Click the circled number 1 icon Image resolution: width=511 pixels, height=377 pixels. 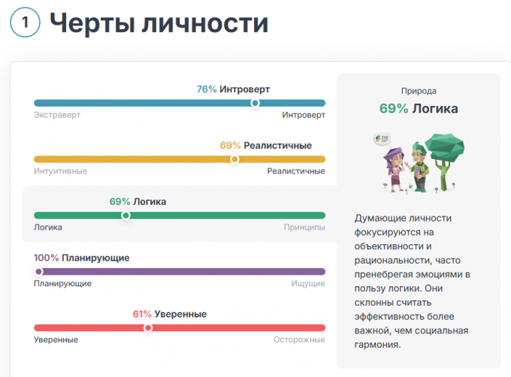point(26,23)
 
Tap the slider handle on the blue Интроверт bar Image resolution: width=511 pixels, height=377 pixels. point(255,103)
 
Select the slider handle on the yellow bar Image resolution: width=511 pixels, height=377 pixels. point(234,159)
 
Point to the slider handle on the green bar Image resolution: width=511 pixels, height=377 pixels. point(125,216)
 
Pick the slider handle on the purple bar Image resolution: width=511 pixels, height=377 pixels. point(39,272)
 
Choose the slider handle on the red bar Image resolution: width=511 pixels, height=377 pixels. point(148,327)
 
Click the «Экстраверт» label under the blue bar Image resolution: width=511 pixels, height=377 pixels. point(57,115)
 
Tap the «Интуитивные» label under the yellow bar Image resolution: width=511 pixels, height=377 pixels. point(60,171)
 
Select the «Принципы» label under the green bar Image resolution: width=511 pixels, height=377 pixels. point(304,227)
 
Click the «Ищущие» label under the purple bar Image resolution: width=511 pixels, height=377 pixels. point(308,283)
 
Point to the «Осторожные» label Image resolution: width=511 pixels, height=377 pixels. point(299,339)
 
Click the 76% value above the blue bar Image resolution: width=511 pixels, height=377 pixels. point(207,89)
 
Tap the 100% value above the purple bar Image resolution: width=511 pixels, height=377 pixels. point(47,258)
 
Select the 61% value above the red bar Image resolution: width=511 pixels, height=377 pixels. point(142,314)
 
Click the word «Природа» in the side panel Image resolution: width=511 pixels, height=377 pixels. point(419,90)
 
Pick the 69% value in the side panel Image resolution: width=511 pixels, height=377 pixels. point(394,109)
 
